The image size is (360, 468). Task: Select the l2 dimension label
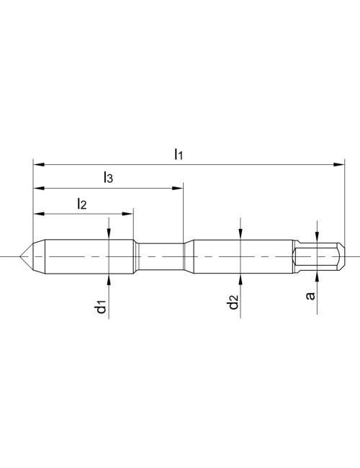81,204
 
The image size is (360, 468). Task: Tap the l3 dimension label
107,177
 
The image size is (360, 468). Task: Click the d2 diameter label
233,304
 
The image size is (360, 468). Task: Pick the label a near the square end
311,295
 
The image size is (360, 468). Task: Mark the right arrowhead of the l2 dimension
130,214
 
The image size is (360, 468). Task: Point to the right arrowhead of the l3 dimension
179,189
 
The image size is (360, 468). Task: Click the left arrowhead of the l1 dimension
37,165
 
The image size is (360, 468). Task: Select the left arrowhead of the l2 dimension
37,214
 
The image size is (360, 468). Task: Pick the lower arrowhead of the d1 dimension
108,280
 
